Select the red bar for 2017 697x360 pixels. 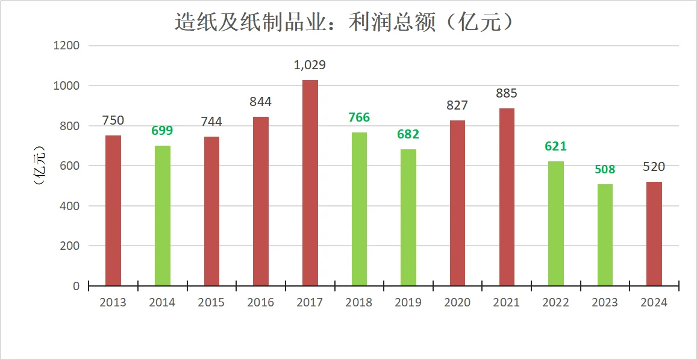coord(310,182)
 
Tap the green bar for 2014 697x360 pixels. coord(162,216)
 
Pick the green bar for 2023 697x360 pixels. coord(605,235)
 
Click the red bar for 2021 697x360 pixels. coord(507,197)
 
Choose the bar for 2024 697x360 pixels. coord(654,234)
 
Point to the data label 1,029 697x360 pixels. coord(310,65)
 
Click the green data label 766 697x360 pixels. coord(359,117)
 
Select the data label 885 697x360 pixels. coord(507,93)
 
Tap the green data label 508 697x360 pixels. coord(605,169)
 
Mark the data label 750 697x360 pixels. coord(113,120)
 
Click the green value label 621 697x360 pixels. coord(555,146)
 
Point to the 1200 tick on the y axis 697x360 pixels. coord(66,46)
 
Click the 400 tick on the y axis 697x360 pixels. coord(70,206)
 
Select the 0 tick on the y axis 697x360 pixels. coord(76,286)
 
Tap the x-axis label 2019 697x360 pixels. coord(408,303)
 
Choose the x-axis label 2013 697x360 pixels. coord(113,303)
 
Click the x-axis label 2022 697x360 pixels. coord(555,303)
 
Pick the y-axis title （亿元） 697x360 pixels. coord(40,166)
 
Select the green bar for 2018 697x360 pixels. coord(359,209)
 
